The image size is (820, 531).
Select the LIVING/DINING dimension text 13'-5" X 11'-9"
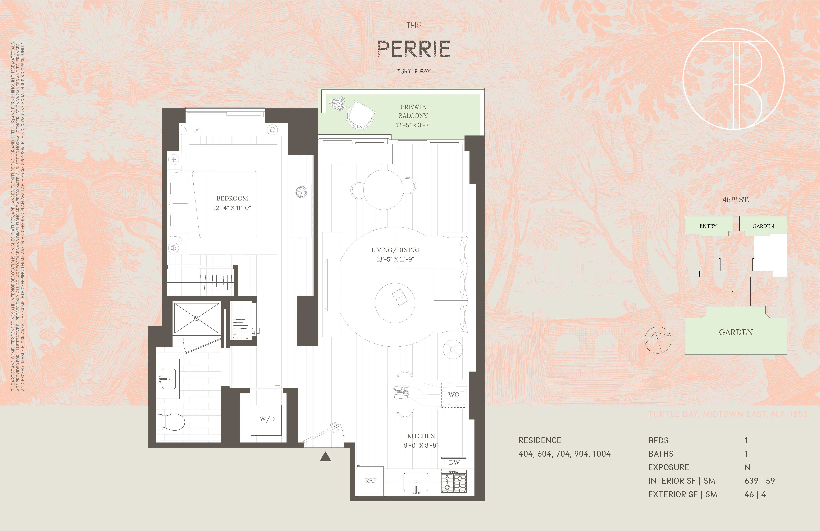(x=395, y=259)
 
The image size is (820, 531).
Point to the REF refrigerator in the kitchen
(x=370, y=481)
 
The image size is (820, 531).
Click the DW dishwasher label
(x=454, y=462)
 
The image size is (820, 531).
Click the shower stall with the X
(x=196, y=318)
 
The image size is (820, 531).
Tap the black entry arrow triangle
(x=325, y=457)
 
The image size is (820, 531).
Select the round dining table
(x=383, y=190)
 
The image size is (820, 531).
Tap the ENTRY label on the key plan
(x=708, y=226)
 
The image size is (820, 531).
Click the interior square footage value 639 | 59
(x=759, y=481)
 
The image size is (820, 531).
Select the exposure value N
(x=747, y=467)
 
